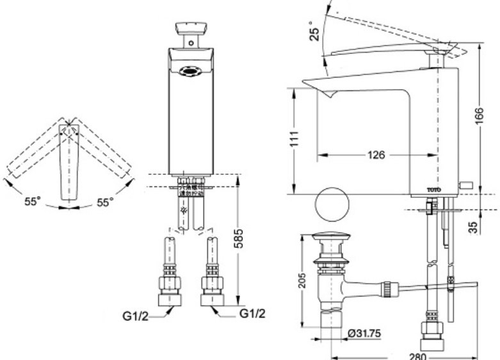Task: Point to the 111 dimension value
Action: (294, 140)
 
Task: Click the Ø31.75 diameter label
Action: (366, 333)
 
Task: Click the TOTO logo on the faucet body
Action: (435, 189)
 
